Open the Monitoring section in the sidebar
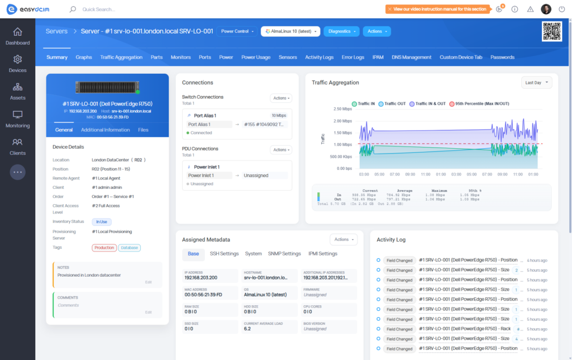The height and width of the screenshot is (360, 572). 17,119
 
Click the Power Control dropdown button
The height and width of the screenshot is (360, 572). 237,31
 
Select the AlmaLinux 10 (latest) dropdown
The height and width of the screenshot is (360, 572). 290,31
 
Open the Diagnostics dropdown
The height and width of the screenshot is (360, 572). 341,31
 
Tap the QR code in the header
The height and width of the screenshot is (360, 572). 551,31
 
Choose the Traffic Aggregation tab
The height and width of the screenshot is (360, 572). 121,57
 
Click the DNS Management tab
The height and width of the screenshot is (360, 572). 411,57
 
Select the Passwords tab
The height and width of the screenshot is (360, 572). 502,57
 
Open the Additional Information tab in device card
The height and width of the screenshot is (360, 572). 105,130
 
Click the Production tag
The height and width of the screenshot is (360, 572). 104,248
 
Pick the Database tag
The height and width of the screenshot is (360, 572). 129,248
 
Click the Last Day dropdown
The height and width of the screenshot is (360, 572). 536,83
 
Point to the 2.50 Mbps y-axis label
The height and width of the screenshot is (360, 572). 342,109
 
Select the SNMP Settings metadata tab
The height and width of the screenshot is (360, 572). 284,254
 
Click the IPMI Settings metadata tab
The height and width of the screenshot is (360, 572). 323,254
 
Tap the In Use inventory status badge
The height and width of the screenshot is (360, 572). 102,222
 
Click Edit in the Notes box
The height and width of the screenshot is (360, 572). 148,282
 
